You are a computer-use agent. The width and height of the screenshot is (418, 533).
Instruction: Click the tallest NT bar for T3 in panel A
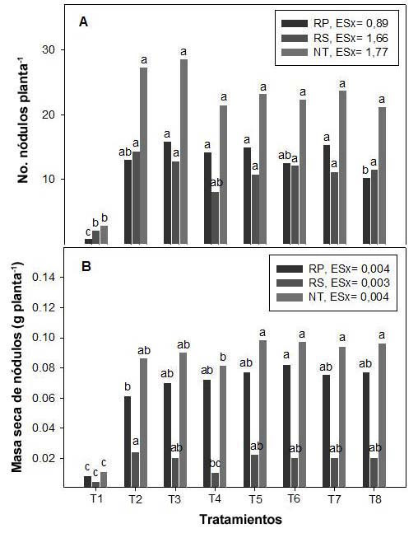[183, 152]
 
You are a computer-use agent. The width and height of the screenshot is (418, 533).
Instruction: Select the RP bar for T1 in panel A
[88, 241]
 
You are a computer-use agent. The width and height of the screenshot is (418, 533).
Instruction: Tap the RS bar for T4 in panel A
[215, 217]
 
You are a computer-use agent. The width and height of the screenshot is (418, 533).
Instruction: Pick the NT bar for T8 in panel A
[383, 175]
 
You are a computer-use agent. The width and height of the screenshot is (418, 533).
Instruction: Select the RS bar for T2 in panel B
[135, 470]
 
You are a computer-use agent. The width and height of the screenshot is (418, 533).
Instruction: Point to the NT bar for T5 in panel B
[262, 414]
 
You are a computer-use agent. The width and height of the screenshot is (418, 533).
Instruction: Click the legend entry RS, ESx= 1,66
[334, 38]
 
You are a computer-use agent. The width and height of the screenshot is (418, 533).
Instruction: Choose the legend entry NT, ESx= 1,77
[334, 52]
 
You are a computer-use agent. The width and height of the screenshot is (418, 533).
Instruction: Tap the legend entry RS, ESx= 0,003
[332, 283]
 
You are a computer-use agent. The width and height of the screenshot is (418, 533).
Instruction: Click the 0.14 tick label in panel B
[44, 278]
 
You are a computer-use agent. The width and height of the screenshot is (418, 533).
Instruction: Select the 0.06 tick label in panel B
[44, 398]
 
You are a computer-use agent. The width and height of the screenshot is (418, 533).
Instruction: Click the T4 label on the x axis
[215, 498]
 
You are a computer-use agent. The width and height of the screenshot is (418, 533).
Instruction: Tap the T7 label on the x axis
[336, 498]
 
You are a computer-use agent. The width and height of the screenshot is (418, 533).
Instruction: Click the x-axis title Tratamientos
[240, 519]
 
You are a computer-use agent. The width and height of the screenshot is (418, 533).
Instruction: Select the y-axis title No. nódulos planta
[23, 120]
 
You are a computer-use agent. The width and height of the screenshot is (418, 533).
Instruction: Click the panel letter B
[86, 266]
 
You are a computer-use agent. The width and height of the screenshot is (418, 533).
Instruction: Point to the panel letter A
[84, 22]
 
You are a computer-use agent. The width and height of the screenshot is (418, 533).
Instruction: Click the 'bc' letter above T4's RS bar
[216, 463]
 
